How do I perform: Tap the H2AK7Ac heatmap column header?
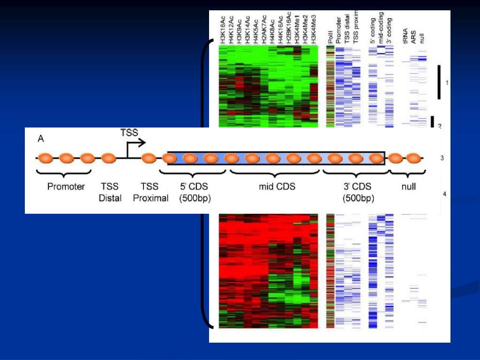(x=265, y=30)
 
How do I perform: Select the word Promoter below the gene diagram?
(x=66, y=187)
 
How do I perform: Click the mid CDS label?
(x=277, y=187)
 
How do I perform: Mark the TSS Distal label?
(x=110, y=192)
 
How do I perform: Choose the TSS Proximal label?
(x=150, y=192)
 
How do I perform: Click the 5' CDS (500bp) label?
(x=195, y=192)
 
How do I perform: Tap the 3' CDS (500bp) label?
(x=358, y=192)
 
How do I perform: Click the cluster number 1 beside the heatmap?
(x=447, y=83)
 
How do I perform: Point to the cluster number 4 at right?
(x=445, y=194)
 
